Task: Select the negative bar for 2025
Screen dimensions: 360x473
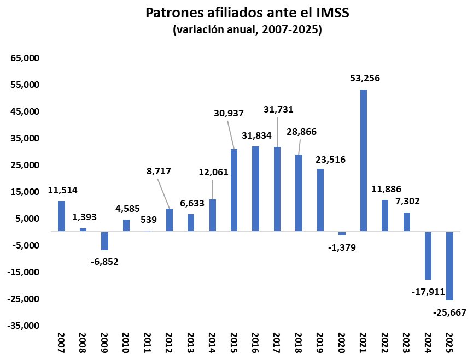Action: (x=449, y=265)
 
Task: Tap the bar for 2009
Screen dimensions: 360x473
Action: (x=104, y=241)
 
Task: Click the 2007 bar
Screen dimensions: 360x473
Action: (x=61, y=216)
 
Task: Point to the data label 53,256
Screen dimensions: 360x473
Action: (x=365, y=78)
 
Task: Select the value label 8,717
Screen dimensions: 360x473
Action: (x=159, y=171)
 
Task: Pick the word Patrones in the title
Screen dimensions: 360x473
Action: (x=177, y=13)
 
